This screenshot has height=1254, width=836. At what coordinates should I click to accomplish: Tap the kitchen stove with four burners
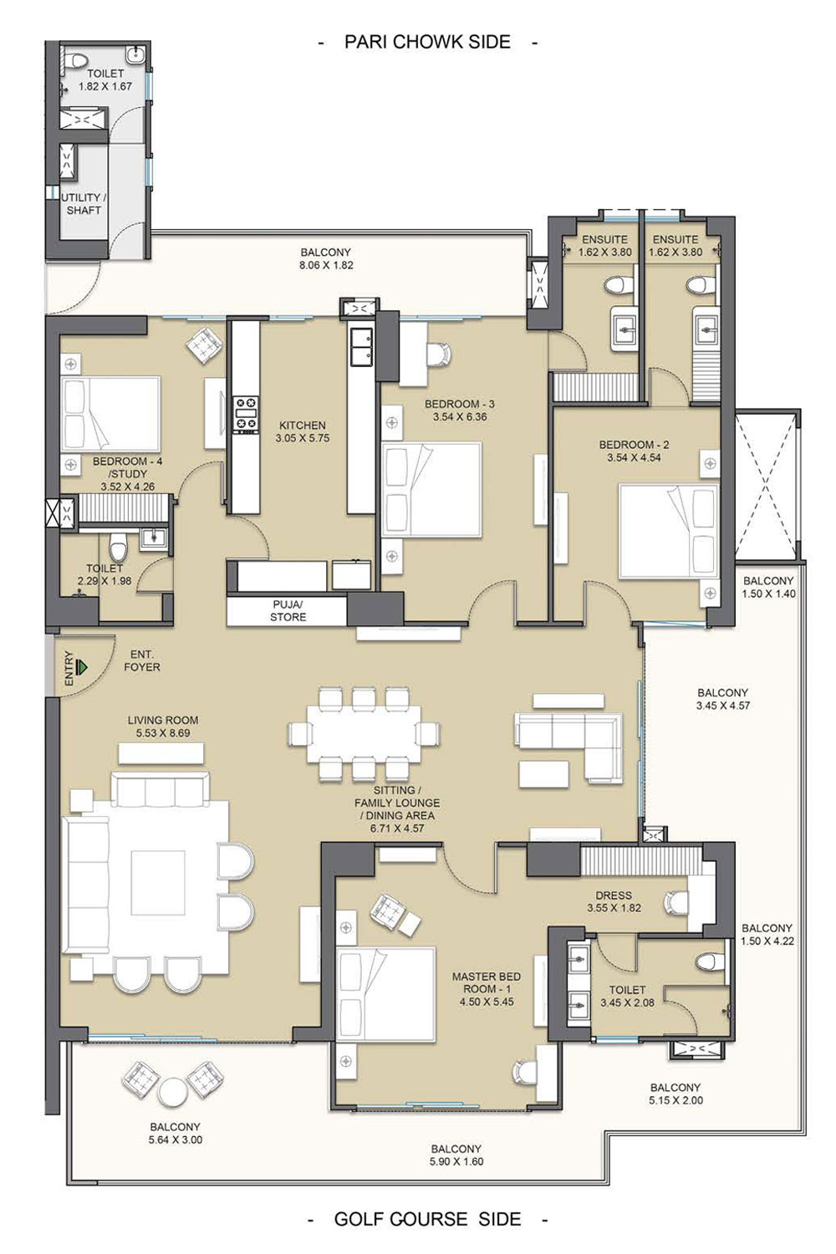pos(246,415)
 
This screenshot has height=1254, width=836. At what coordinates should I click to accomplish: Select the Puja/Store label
pos(288,611)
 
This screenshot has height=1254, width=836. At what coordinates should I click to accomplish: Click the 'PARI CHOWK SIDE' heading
pos(427,42)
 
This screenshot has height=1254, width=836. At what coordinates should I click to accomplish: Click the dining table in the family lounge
pos(364,733)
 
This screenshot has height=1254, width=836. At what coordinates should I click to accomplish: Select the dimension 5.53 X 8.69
pos(163,733)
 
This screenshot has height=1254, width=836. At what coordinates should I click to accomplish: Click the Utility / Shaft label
pos(84,204)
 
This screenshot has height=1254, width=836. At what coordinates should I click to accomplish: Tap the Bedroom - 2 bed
pos(668,531)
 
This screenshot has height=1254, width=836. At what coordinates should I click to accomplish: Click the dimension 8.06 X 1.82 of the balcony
pos(326,265)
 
